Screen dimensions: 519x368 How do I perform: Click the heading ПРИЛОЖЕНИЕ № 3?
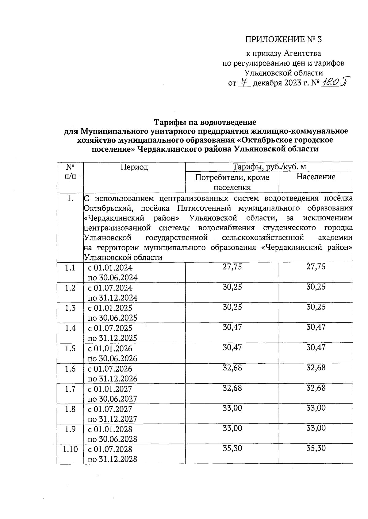point(284,40)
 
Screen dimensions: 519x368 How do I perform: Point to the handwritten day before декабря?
point(244,83)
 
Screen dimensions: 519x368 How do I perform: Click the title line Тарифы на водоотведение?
point(205,123)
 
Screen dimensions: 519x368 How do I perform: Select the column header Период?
point(134,167)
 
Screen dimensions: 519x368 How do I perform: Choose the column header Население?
point(316,177)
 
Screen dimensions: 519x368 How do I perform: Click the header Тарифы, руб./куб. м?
point(269,167)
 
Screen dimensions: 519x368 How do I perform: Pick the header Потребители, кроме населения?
point(232,182)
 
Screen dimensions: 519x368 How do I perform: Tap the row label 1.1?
point(70,268)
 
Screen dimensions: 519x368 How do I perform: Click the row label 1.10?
point(70,449)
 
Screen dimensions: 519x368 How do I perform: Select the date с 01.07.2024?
point(110,288)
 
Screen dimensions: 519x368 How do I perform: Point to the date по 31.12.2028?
point(113,459)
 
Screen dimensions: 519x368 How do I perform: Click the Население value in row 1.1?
point(316,267)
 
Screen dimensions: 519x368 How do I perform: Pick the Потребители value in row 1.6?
point(232,368)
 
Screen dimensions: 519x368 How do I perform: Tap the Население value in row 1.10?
point(316,448)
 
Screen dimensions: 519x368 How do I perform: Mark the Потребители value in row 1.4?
point(232,327)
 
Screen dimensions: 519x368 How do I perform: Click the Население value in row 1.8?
point(316,408)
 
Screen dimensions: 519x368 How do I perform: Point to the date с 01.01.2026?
point(110,349)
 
